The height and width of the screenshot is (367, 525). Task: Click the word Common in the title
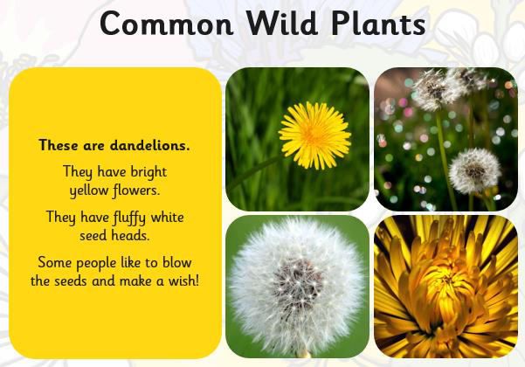tap(166, 24)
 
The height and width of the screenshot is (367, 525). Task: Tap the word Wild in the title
tap(282, 23)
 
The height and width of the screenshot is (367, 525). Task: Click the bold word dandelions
tap(149, 145)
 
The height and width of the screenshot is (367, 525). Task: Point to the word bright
tap(149, 172)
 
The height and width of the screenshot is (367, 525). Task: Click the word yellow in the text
tap(89, 190)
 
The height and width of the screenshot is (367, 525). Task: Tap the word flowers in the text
tap(136, 190)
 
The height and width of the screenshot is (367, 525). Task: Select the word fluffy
tap(129, 218)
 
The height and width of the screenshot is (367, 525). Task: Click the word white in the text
tap(167, 217)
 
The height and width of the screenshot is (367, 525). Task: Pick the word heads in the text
tap(130, 235)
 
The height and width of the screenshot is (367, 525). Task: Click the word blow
tap(176, 262)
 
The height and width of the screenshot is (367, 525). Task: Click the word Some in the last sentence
tap(55, 262)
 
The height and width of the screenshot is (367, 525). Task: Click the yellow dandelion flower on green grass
tap(314, 135)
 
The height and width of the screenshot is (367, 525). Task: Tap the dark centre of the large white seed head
tap(297, 281)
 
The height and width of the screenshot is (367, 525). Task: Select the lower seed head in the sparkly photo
tap(474, 171)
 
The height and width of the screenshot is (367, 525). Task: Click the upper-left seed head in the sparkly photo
tap(435, 90)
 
